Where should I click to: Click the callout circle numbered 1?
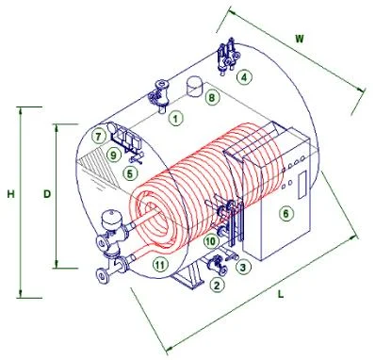point(176,119)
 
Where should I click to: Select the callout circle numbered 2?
point(217,286)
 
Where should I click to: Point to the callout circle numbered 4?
point(244,77)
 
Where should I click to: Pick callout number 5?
point(130,173)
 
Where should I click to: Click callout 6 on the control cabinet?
point(285,214)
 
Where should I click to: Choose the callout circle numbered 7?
point(99,137)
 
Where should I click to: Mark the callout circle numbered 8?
point(212,98)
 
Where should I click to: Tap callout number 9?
point(113,155)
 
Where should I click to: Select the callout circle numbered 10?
point(211,241)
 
